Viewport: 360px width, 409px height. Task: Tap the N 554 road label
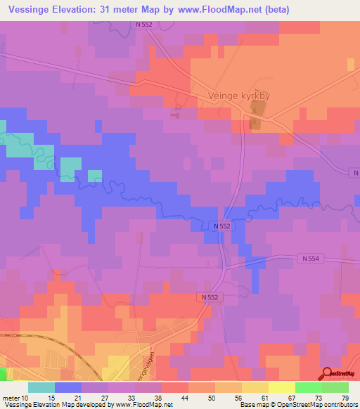(311, 259)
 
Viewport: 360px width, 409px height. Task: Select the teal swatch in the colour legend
(41, 387)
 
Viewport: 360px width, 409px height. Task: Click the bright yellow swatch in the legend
(282, 387)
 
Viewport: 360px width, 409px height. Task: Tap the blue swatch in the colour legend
(68, 387)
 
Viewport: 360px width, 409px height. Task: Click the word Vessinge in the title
(30, 10)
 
